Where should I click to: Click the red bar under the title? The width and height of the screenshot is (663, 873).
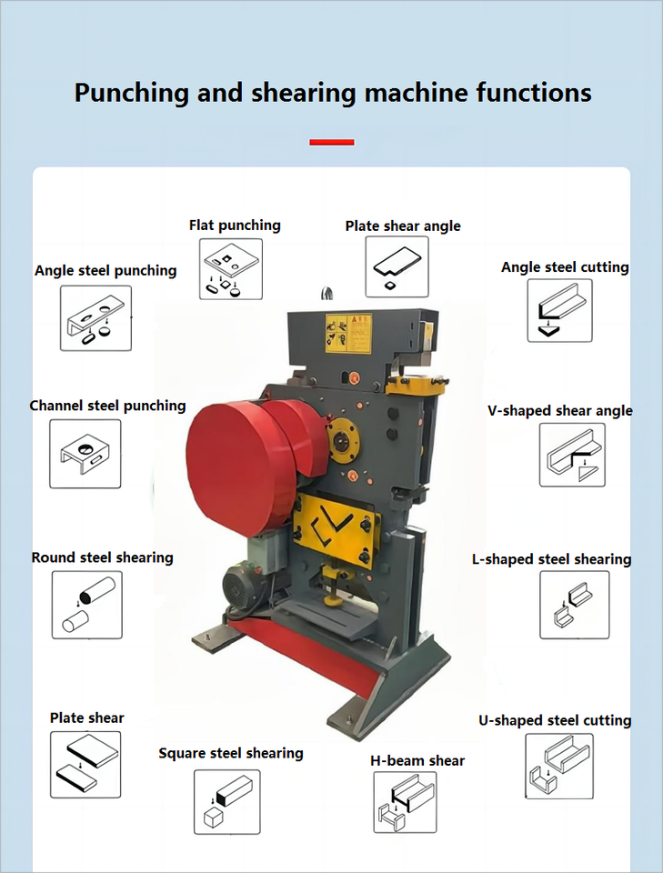(331, 142)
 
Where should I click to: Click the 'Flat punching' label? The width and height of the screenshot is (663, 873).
(235, 225)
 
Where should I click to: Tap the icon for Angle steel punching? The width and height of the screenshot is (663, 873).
(95, 318)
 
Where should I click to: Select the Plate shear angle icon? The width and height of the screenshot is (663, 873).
(397, 267)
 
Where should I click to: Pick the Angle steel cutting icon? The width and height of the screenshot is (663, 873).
(559, 310)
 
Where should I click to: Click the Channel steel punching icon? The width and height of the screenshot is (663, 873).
(85, 454)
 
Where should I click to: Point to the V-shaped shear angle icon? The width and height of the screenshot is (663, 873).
(572, 455)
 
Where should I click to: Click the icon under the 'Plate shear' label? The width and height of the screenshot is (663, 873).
(85, 764)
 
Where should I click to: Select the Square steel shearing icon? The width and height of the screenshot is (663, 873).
(226, 802)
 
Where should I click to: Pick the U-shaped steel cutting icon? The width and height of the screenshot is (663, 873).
(559, 767)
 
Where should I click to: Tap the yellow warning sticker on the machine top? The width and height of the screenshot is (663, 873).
(348, 334)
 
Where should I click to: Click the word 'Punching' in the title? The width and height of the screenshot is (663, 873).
(128, 93)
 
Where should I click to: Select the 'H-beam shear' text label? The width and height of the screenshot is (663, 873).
(417, 760)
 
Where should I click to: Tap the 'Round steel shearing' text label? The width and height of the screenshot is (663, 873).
(102, 557)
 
